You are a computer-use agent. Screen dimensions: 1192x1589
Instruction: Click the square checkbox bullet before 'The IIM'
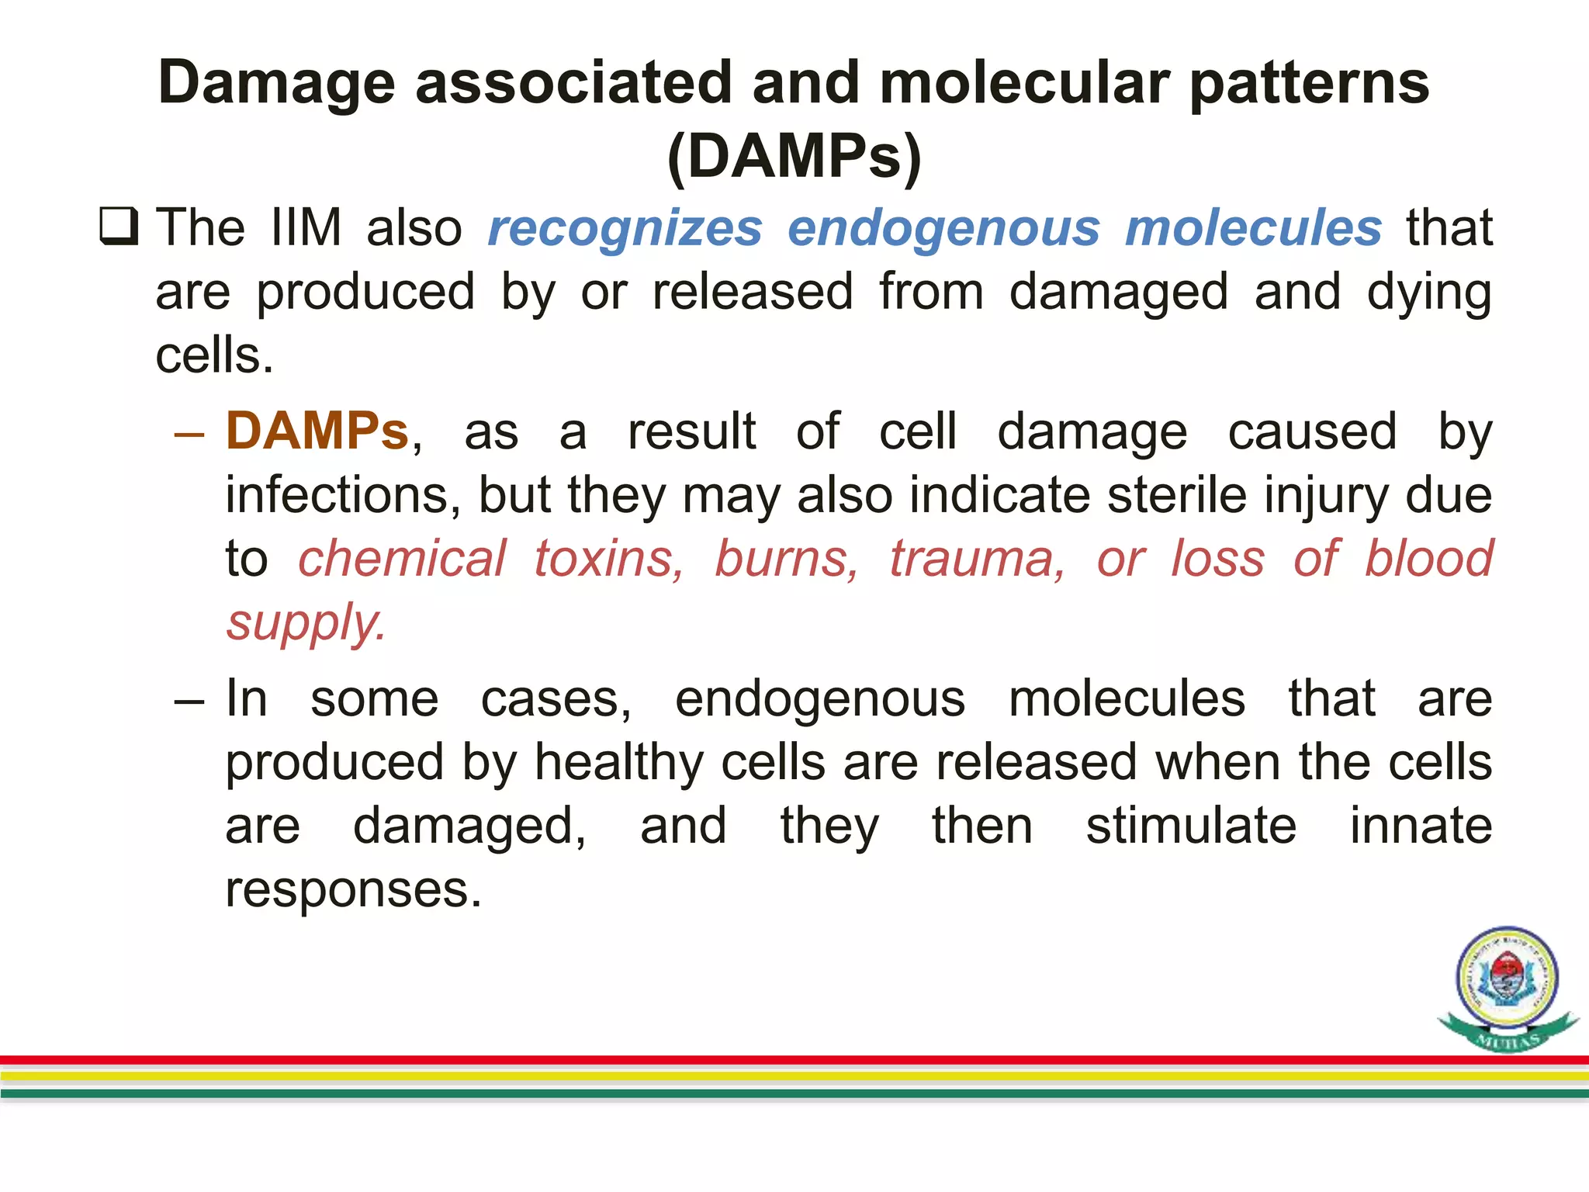[119, 227]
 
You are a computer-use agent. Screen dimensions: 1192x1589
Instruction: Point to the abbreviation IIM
[306, 228]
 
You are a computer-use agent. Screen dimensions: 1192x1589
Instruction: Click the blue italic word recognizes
[625, 228]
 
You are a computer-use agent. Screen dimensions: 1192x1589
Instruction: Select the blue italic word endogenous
[943, 230]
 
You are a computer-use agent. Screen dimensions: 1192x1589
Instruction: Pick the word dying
[1428, 293]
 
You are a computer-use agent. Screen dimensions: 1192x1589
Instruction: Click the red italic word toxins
[608, 559]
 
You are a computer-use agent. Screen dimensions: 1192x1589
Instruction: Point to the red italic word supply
[305, 623]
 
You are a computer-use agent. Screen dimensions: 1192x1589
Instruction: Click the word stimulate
[1190, 826]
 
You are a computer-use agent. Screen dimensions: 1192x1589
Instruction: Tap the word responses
[353, 889]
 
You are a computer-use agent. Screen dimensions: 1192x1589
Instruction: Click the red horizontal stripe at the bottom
[794, 1060]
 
